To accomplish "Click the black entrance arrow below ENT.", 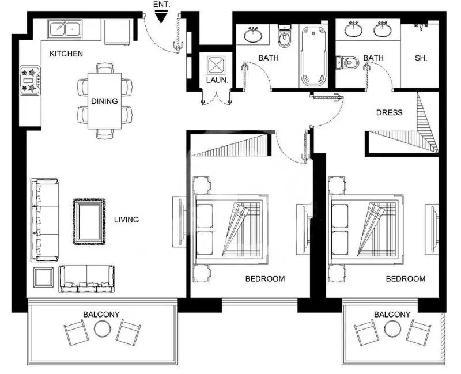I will tap(161, 18).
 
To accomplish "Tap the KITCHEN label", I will tap(66, 54).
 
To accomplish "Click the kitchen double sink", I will tap(65, 29).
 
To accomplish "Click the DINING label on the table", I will tap(104, 101).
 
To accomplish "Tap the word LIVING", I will tap(126, 220).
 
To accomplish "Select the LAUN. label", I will tap(217, 81).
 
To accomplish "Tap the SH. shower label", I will tap(421, 58).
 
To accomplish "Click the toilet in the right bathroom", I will tap(347, 61).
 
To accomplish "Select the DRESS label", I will tap(390, 112).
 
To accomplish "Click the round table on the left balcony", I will tap(102, 329).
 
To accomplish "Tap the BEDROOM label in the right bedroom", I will tap(406, 279).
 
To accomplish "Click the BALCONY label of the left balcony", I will tap(101, 315).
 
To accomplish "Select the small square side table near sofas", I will tap(43, 277).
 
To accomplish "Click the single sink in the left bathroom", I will tap(252, 35).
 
